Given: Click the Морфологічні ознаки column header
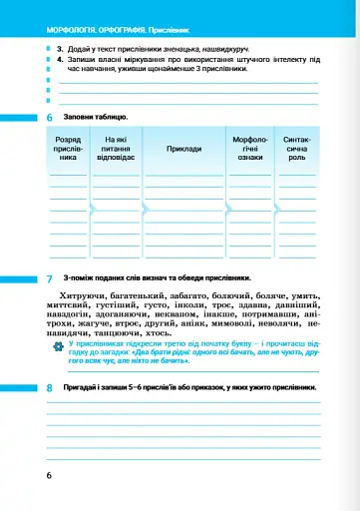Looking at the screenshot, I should coord(249,150).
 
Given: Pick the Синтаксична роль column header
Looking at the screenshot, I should coord(296,150).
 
